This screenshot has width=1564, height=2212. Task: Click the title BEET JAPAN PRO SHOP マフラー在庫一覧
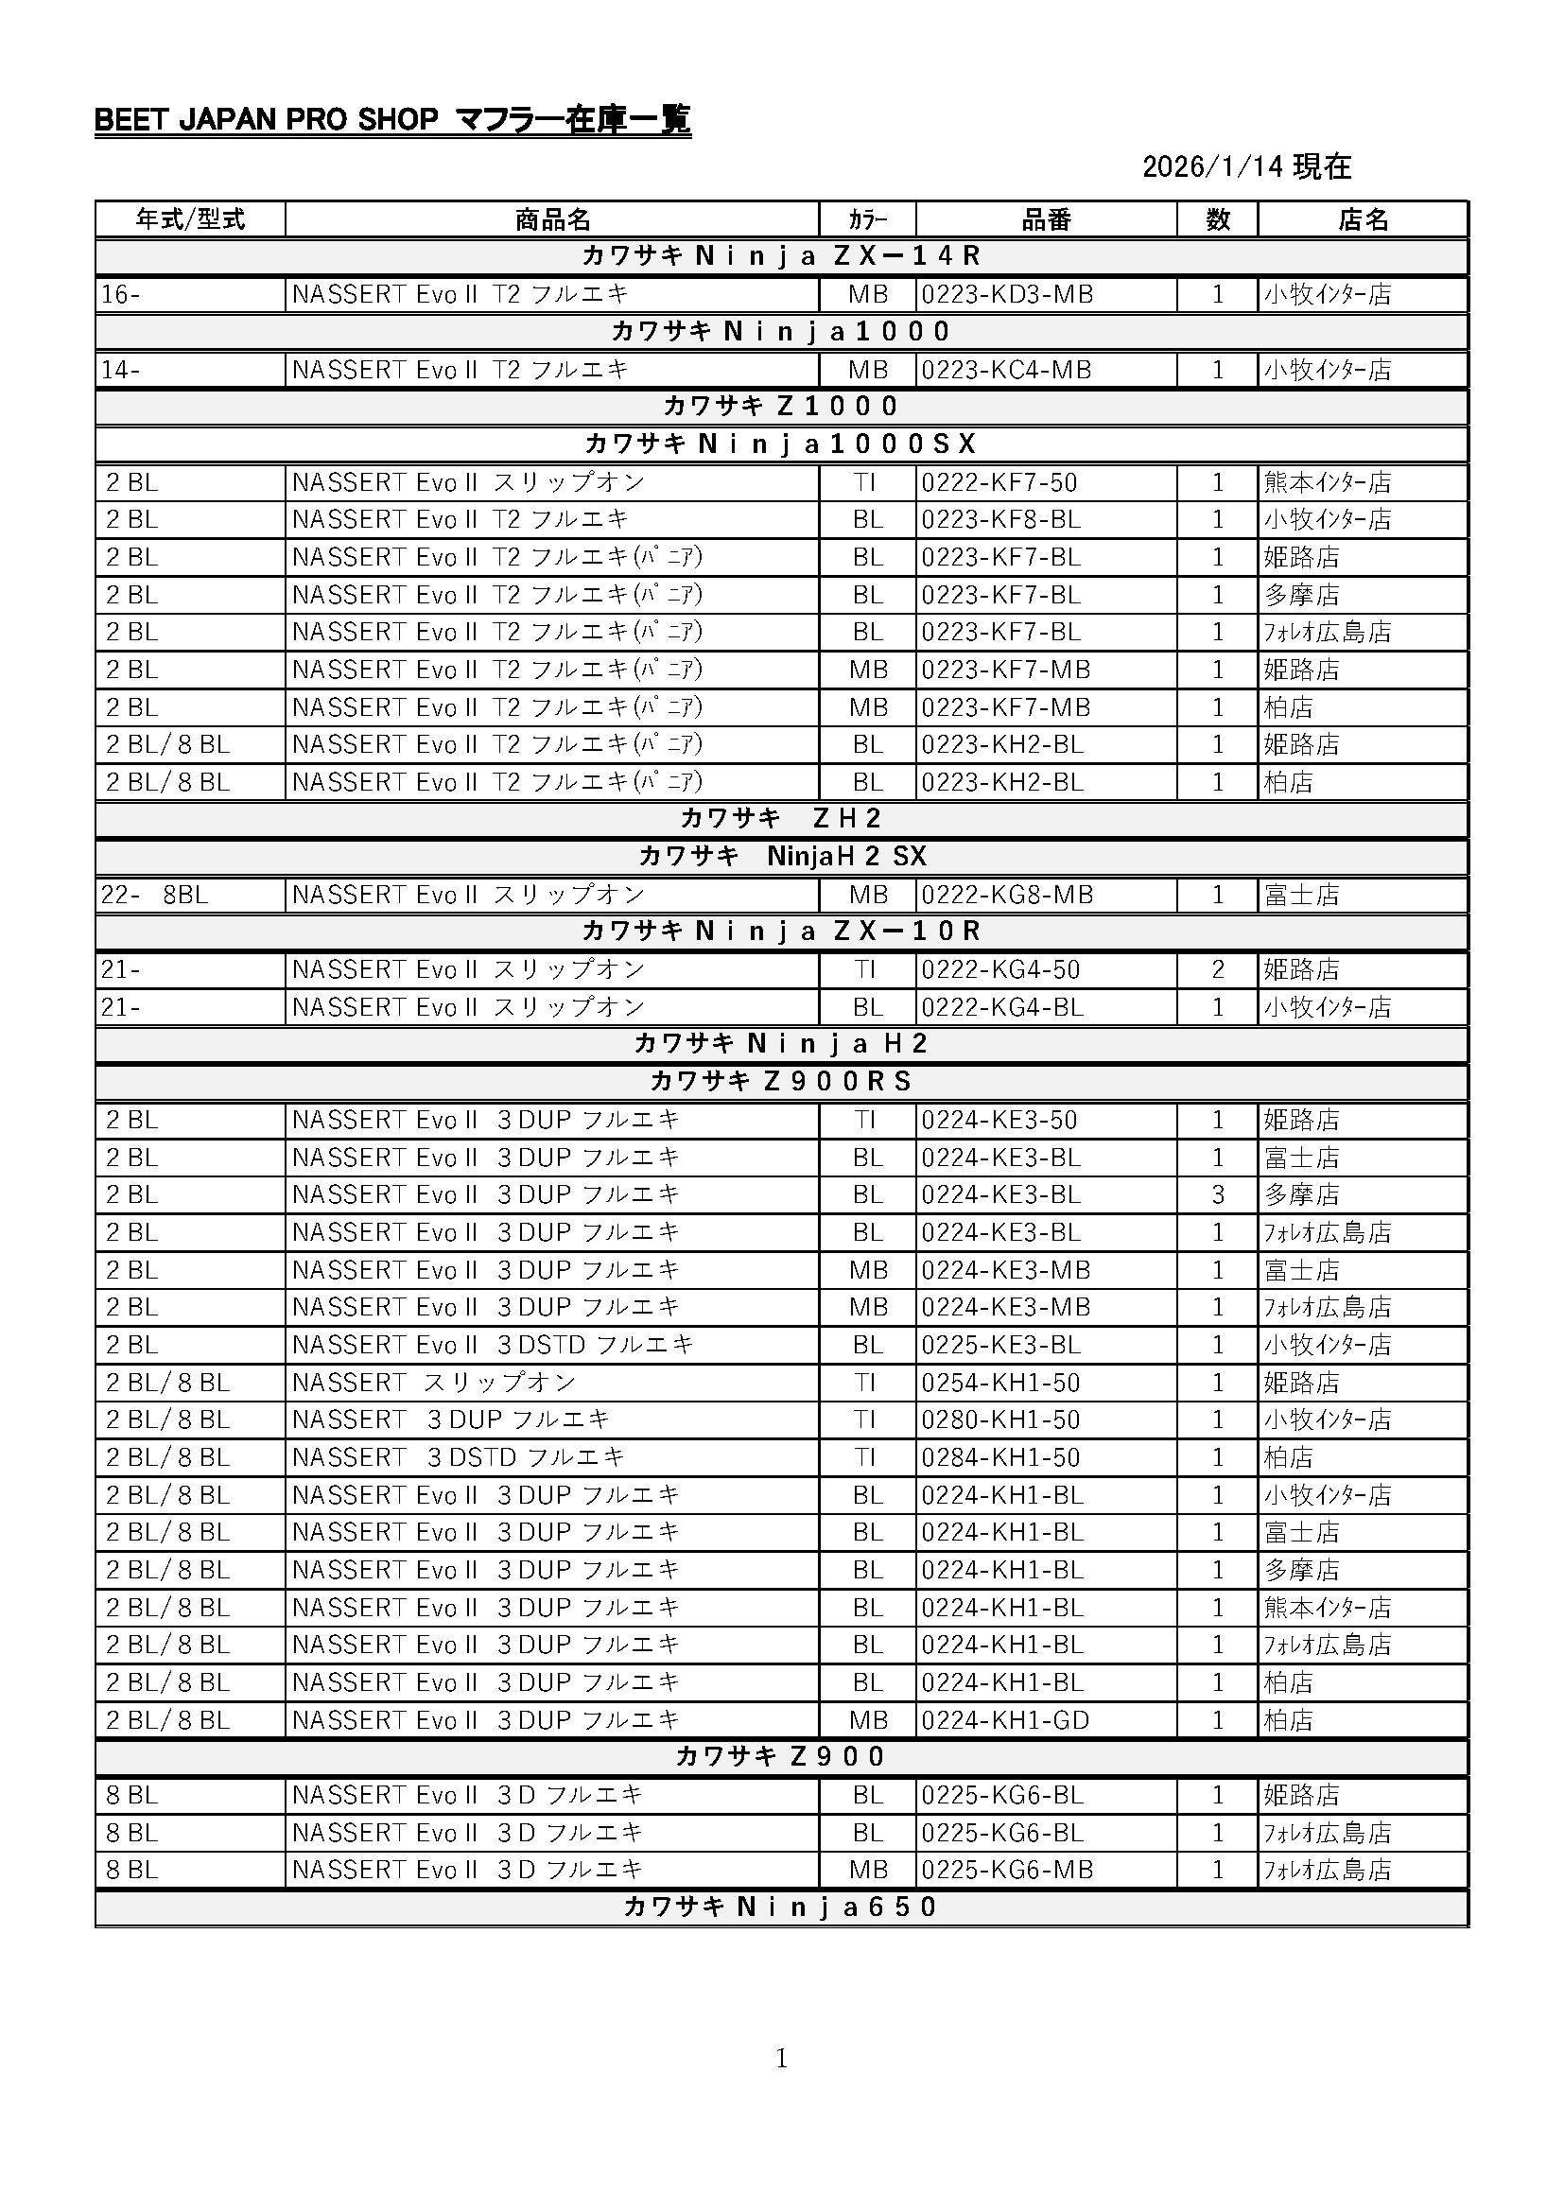[x=392, y=120]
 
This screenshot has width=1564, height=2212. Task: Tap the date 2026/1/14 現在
[x=1246, y=166]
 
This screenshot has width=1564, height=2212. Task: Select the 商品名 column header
[x=552, y=219]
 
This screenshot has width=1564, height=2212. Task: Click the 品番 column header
[x=1046, y=219]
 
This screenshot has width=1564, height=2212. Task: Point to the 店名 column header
[x=1363, y=219]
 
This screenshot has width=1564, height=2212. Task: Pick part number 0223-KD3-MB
[x=1006, y=295]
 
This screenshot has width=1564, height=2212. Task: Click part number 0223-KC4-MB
[x=1005, y=370]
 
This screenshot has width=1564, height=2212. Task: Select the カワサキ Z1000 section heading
[x=781, y=407]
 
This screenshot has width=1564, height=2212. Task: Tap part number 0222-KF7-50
[x=999, y=482]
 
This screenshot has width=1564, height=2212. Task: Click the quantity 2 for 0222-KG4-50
[x=1217, y=969]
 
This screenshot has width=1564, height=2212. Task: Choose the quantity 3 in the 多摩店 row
[x=1217, y=1194]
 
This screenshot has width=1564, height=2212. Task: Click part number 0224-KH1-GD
[x=1004, y=1719]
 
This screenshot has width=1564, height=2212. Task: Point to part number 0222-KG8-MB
[x=1006, y=895]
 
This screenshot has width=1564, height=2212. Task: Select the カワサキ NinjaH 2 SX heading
[x=781, y=857]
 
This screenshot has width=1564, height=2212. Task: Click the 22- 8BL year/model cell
[x=154, y=895]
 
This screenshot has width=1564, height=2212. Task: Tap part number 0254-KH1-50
[x=999, y=1383]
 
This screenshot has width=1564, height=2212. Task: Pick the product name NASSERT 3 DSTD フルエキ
[x=459, y=1457]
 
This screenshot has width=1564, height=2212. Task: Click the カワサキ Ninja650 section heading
[x=781, y=1907]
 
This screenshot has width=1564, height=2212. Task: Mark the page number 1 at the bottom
[x=781, y=2059]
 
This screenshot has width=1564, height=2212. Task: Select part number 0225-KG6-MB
[x=1006, y=1870]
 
